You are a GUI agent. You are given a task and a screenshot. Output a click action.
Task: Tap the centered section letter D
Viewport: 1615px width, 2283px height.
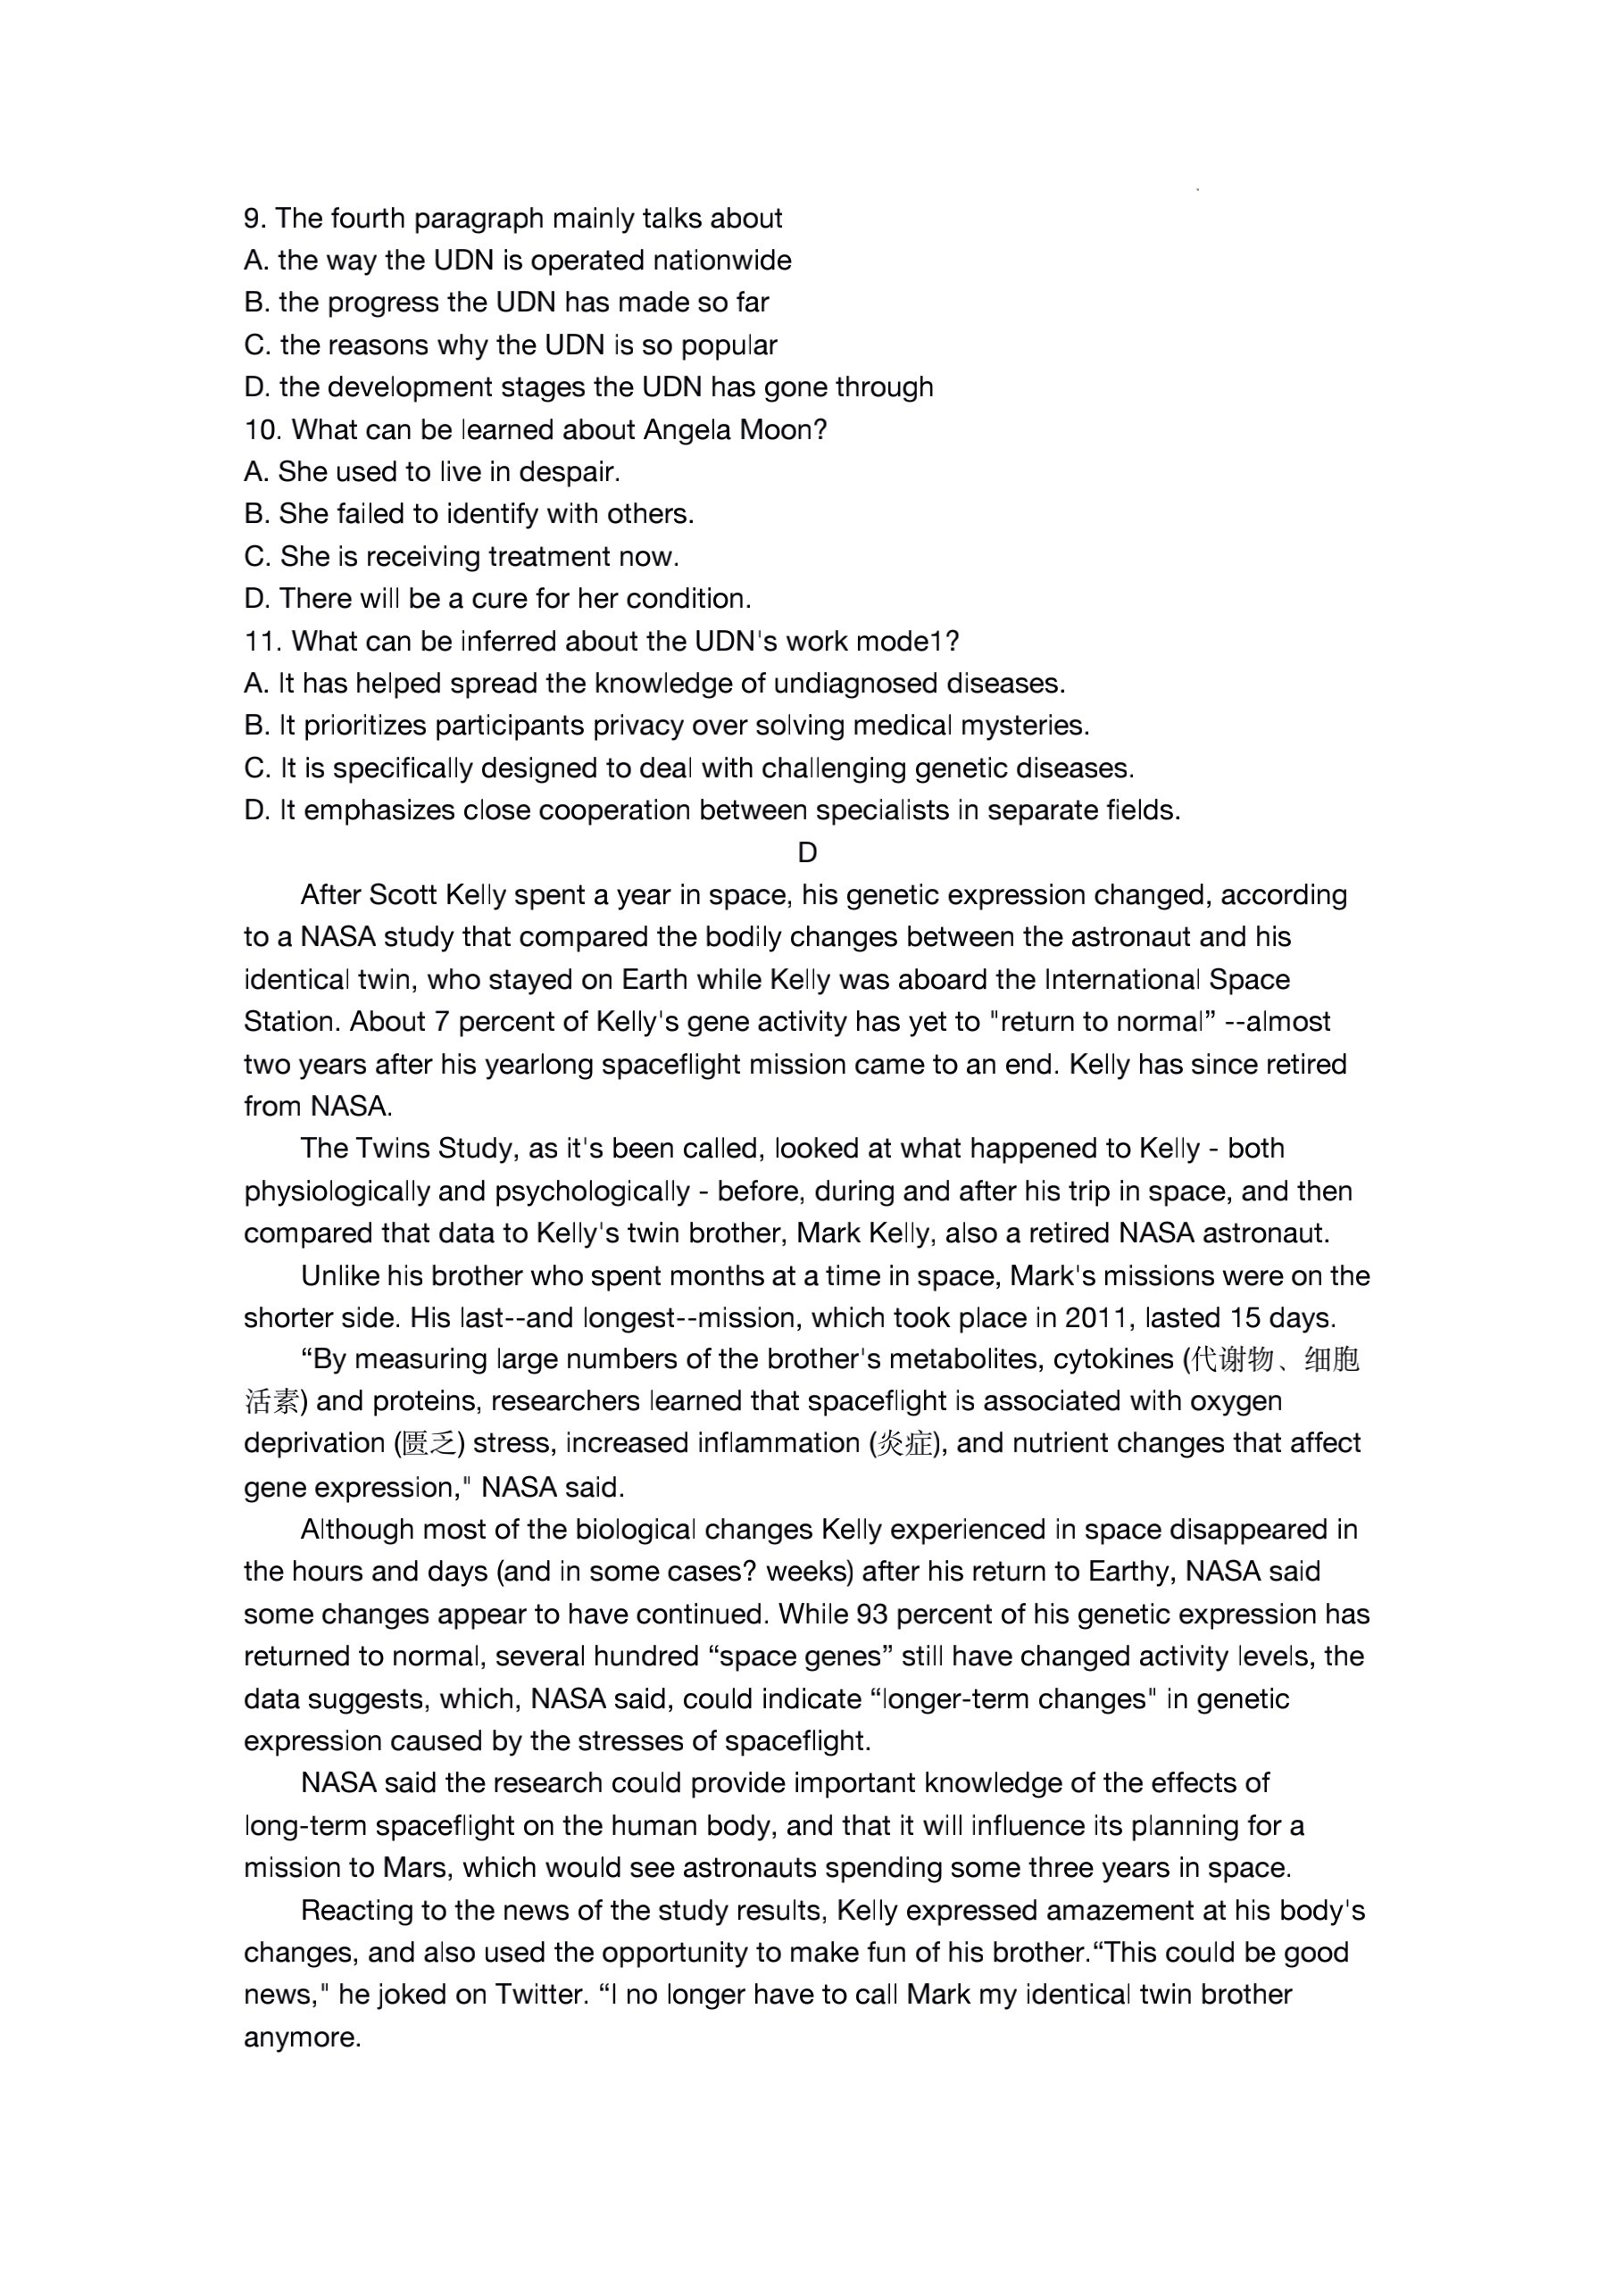pyautogui.click(x=807, y=853)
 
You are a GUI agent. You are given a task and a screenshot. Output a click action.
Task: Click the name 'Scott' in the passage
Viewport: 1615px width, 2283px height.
pyautogui.click(x=403, y=895)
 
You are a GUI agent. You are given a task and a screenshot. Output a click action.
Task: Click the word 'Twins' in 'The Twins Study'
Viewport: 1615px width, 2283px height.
pyautogui.click(x=390, y=1149)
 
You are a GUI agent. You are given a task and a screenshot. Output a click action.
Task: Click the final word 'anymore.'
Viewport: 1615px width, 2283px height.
pyautogui.click(x=303, y=2038)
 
